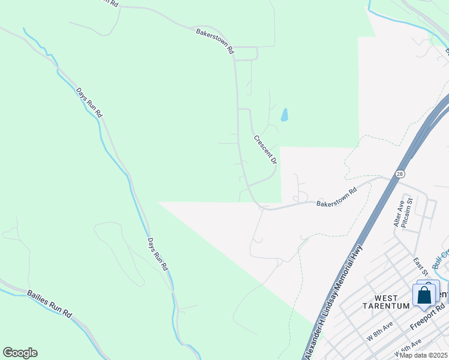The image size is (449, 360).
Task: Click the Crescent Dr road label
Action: point(265,149)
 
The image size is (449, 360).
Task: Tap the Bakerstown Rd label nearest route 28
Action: point(336,196)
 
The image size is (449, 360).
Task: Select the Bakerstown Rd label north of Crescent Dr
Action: point(214,41)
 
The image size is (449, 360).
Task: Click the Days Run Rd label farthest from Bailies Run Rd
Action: point(89,103)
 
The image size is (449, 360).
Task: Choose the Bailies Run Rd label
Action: point(49,304)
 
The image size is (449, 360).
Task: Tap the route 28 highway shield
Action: point(400,174)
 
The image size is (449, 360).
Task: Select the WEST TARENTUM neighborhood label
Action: point(391,302)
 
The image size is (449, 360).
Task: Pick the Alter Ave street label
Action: point(399,213)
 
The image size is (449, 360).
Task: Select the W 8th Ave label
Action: point(381,332)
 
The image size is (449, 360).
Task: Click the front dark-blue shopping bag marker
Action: point(424,296)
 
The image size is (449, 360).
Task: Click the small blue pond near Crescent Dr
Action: point(285,115)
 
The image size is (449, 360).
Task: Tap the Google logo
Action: point(20,353)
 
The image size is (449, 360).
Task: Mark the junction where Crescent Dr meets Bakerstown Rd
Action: point(262,207)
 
